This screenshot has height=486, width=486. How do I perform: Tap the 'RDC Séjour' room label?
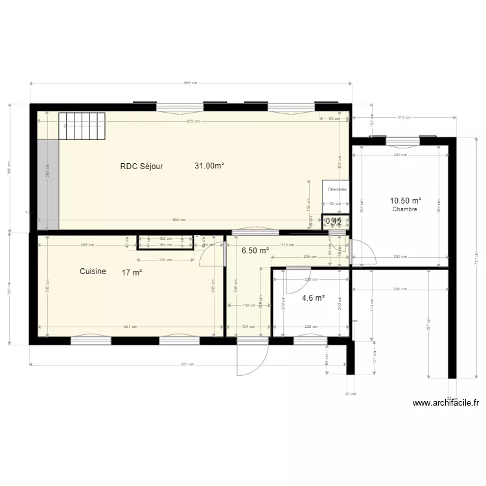click(141, 166)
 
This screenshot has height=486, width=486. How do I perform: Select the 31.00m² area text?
click(209, 166)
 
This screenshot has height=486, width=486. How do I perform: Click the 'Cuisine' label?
click(93, 272)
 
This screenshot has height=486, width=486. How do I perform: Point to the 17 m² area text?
click(132, 273)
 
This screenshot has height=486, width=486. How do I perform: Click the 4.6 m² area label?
click(313, 299)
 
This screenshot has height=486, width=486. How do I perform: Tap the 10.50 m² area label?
click(405, 201)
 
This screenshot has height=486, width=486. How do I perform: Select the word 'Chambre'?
click(404, 209)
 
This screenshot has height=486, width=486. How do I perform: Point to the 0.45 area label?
click(334, 221)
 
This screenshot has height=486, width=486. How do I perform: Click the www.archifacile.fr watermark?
click(446, 403)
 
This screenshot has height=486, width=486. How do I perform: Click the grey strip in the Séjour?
click(47, 185)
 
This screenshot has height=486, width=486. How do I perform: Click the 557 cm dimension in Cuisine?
click(130, 327)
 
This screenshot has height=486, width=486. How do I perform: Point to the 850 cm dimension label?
click(179, 220)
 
